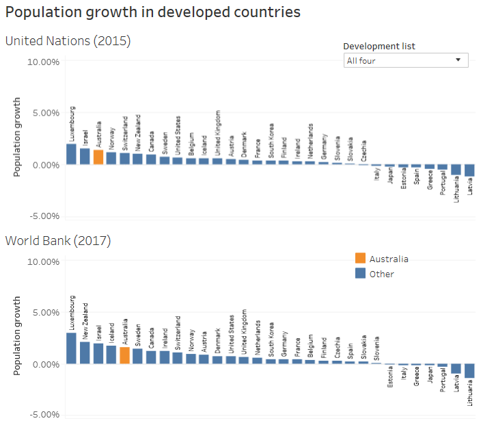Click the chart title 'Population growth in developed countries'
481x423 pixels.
coord(153,12)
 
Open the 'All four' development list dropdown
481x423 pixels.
coord(405,60)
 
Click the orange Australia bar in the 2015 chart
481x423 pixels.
coord(98,157)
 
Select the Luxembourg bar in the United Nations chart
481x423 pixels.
coord(71,154)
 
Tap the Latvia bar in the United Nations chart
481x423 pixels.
coord(469,170)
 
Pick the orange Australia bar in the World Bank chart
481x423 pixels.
coord(124,355)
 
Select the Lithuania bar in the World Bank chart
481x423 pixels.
coord(469,370)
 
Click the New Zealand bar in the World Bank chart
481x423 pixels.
coord(85,352)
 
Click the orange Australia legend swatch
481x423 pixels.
coord(360,258)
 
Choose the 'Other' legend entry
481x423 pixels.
coord(381,274)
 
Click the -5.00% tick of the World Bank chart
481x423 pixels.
coord(42,415)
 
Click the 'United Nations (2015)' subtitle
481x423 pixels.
coord(68,41)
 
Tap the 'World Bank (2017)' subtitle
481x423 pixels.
coord(58,240)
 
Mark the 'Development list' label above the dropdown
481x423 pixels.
coord(379,47)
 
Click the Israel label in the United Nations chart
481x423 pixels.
coord(85,136)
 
